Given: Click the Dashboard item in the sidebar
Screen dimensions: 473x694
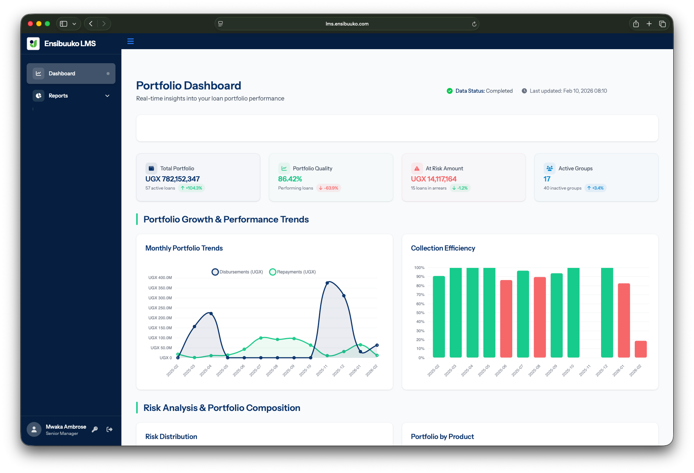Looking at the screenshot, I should click(x=71, y=74).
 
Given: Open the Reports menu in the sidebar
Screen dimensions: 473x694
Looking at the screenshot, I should click(x=71, y=96).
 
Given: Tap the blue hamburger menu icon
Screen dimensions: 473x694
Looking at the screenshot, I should click(x=130, y=41).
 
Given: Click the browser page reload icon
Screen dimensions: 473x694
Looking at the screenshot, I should click(x=474, y=24).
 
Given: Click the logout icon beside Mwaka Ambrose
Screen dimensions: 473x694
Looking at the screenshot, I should click(x=110, y=429).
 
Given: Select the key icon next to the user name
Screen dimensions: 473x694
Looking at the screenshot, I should click(x=95, y=429).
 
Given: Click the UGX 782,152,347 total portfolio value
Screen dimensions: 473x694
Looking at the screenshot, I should click(x=172, y=179).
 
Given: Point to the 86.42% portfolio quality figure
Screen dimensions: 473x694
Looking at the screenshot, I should click(x=290, y=179).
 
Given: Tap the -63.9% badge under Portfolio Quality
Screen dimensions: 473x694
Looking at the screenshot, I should click(x=329, y=188).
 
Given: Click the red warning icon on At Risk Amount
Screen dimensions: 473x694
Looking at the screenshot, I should click(x=417, y=169).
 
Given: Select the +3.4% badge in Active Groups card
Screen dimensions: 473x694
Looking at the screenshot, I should click(x=595, y=188).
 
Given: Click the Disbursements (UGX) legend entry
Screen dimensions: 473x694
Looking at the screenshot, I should click(x=237, y=272).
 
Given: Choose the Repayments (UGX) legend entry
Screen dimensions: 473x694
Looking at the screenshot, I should click(x=292, y=272).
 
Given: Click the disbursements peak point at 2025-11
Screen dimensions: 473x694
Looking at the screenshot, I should click(x=327, y=283).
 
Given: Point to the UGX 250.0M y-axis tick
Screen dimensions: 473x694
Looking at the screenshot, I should click(x=160, y=308).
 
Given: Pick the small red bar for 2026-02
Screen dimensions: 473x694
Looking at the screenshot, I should click(x=640, y=349).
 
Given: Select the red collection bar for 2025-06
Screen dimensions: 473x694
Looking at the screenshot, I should click(x=506, y=319).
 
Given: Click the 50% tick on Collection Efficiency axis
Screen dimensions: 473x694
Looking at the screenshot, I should click(x=420, y=313).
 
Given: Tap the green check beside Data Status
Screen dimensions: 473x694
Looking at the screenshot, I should click(x=450, y=91).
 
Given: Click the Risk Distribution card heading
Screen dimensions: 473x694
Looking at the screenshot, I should click(x=171, y=437).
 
